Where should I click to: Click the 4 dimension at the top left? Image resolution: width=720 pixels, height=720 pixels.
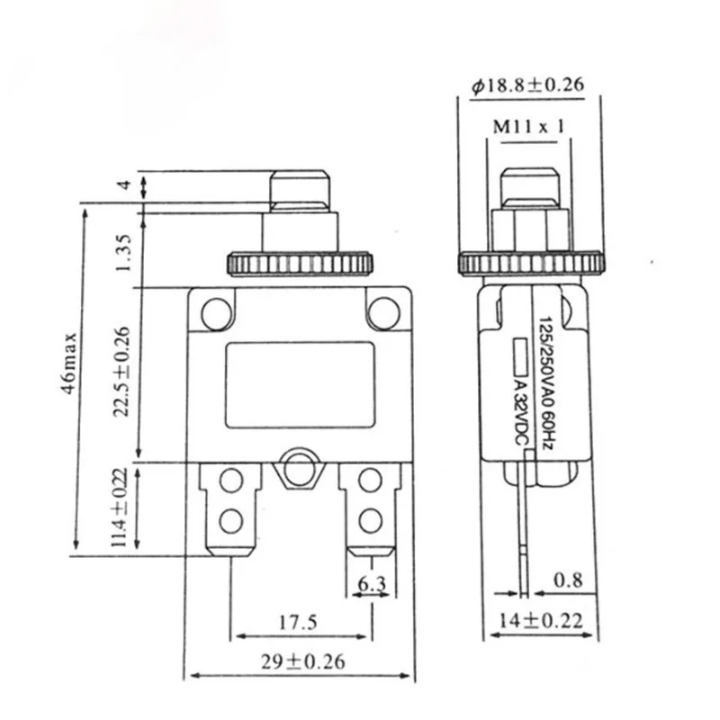[x=126, y=185]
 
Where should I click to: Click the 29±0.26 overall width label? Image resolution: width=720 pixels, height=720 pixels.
[x=300, y=661]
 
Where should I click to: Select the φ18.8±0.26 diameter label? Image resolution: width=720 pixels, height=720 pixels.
[x=526, y=85]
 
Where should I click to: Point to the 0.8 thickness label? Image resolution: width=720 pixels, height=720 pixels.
[x=565, y=580]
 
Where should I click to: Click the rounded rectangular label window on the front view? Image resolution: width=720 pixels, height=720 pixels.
[x=300, y=384]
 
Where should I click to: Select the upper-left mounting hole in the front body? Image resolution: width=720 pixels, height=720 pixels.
[x=216, y=313]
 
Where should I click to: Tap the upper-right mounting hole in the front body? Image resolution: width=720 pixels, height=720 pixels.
[x=383, y=312]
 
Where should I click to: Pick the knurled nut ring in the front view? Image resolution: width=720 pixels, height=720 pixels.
[x=300, y=264]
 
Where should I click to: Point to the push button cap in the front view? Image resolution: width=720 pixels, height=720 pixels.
[x=300, y=189]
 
